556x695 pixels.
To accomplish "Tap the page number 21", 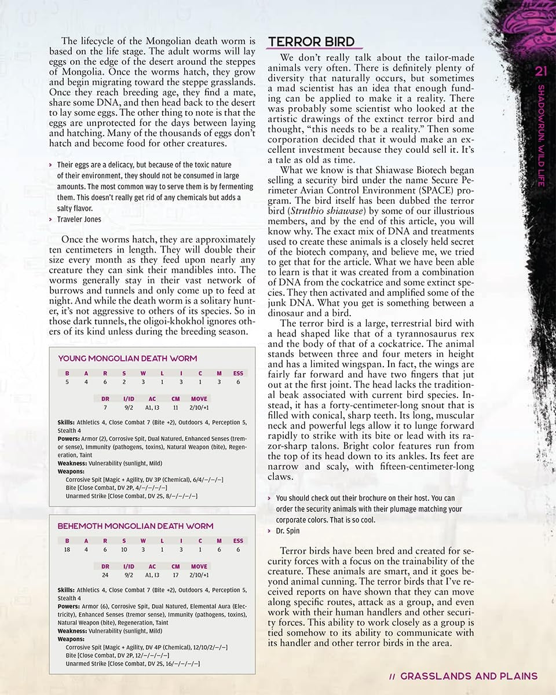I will (x=542, y=71).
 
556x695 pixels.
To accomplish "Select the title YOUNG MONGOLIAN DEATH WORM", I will (x=127, y=359).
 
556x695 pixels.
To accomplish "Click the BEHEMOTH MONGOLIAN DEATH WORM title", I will (x=136, y=526).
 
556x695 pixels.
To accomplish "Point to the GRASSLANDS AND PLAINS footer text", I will (x=469, y=676).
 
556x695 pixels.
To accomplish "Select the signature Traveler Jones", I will (x=79, y=219).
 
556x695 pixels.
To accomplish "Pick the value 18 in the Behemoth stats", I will (x=67, y=550).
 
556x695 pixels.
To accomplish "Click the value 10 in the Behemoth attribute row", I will (x=124, y=550).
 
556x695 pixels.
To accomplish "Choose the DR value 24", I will (x=105, y=575).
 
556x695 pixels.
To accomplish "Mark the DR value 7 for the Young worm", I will (x=105, y=408).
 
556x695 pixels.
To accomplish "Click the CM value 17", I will (x=175, y=575).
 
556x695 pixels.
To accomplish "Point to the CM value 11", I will (x=175, y=408).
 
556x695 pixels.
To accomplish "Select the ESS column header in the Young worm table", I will (x=238, y=373).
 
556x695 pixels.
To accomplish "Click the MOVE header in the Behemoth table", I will (x=199, y=566).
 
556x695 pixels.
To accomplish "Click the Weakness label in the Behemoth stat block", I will (x=72, y=631).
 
